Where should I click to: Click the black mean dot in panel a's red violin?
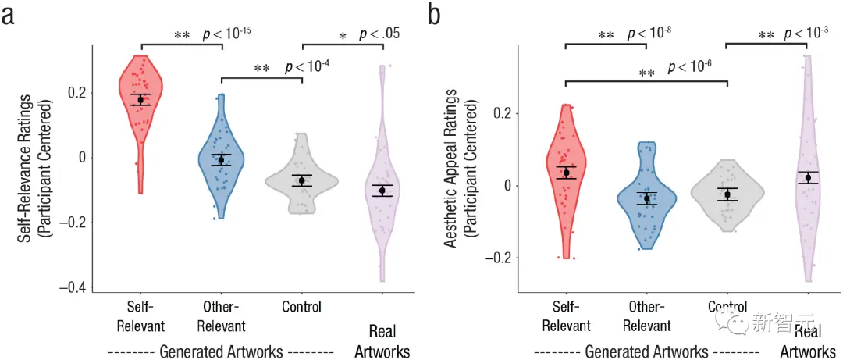tap(141, 99)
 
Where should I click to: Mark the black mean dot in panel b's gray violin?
tap(727, 194)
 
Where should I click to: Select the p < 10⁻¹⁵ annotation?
tap(226, 33)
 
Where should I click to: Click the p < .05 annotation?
tap(379, 34)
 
